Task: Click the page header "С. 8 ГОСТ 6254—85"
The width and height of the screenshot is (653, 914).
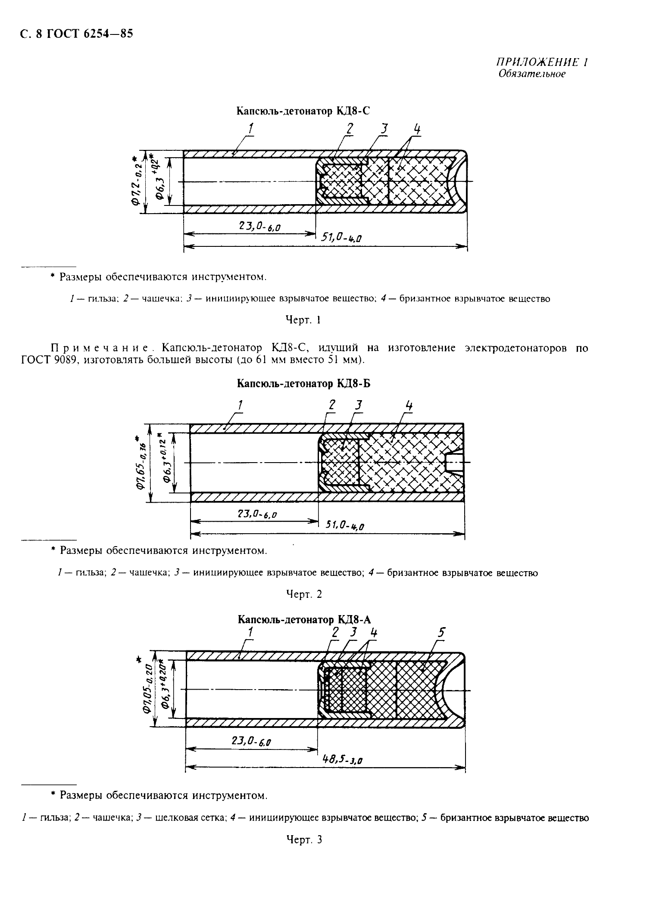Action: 76,34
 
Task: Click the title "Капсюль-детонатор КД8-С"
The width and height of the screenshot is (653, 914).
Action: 303,111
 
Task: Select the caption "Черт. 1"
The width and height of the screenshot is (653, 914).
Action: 303,320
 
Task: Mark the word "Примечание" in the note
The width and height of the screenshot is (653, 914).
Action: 100,348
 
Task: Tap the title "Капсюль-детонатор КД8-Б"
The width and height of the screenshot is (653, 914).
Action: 303,383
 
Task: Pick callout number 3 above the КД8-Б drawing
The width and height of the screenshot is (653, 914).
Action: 359,405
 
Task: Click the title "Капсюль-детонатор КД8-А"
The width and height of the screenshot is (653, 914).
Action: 304,619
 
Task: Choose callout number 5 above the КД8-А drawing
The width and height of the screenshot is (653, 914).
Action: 441,633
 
